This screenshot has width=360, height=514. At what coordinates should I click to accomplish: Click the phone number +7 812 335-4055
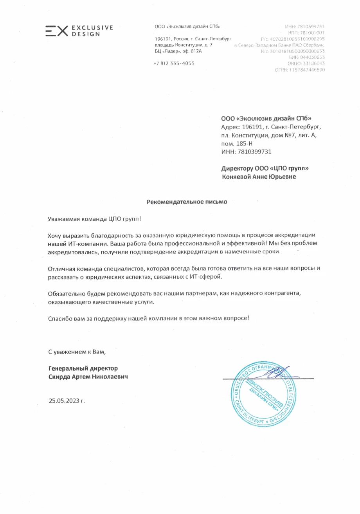click(x=174, y=63)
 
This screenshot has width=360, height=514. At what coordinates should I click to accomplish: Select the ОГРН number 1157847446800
click(x=307, y=70)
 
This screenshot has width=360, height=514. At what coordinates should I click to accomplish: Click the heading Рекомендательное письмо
click(x=187, y=202)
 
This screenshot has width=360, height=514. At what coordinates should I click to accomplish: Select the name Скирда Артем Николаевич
click(x=88, y=377)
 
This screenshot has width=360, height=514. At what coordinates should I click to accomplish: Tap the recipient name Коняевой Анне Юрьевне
click(x=259, y=177)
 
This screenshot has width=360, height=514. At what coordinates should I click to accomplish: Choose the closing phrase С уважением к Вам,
click(x=77, y=352)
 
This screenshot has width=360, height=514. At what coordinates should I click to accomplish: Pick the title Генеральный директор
click(x=83, y=368)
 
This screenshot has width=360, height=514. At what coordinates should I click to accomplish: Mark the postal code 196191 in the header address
click(x=162, y=39)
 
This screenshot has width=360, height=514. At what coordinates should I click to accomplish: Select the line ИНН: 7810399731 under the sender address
click(x=246, y=151)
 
